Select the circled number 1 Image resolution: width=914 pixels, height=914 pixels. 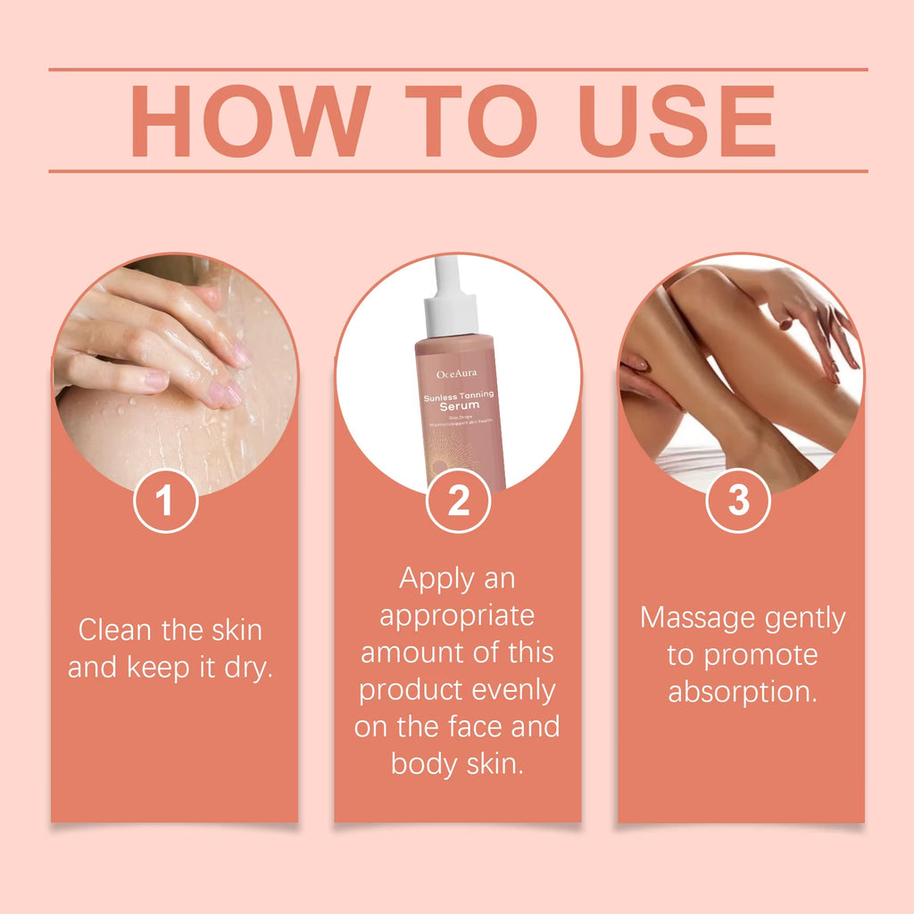165,502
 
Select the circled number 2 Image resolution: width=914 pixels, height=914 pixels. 458,502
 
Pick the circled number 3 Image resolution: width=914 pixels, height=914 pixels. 738,502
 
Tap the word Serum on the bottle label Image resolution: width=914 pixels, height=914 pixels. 459,405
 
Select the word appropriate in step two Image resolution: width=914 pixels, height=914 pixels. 457,616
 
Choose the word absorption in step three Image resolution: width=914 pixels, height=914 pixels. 743,692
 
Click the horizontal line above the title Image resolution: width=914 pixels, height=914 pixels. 457,69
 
